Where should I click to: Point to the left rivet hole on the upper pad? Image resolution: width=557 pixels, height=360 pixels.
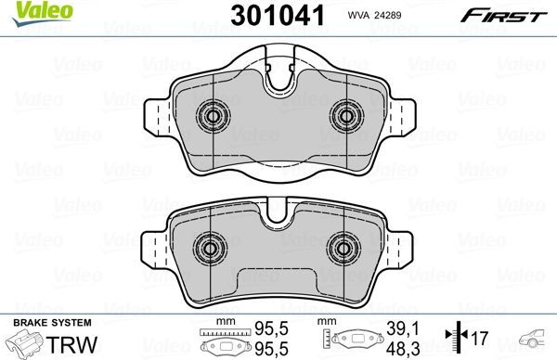(x=214, y=116)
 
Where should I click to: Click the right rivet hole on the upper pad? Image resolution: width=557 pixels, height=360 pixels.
(x=347, y=116)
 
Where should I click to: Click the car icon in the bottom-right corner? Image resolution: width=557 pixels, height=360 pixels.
(x=535, y=339)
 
